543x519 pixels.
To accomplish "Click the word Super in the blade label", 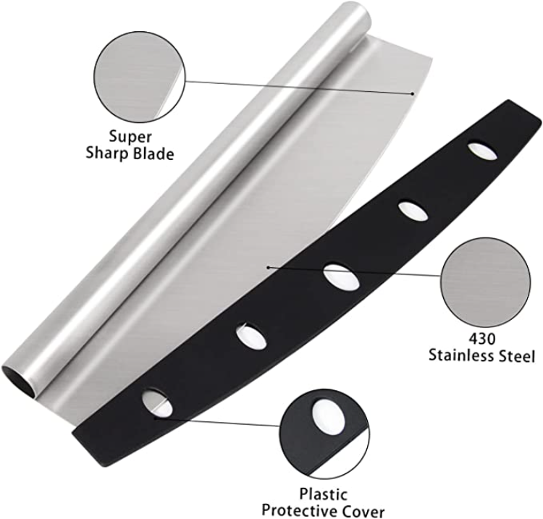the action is click(x=130, y=136).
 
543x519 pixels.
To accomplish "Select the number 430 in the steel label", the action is click(x=482, y=339).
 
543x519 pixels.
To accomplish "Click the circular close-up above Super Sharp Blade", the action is click(x=140, y=77).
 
